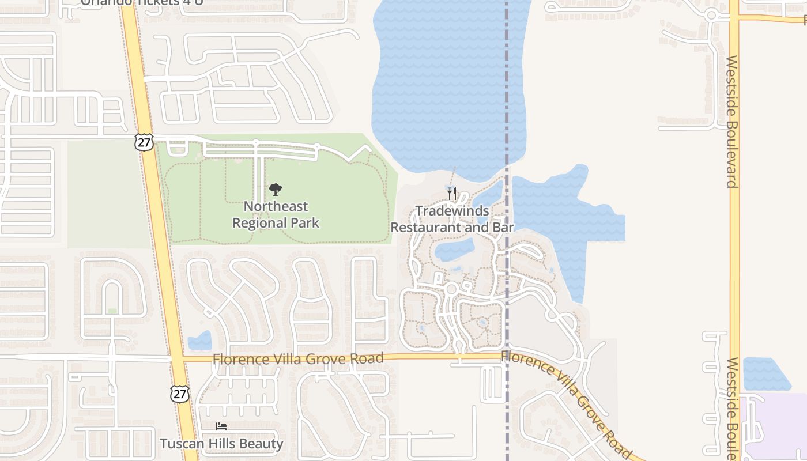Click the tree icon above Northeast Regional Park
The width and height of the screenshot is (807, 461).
[276, 190]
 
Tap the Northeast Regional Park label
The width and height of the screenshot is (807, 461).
[276, 214]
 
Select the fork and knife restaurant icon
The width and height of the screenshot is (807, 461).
[452, 194]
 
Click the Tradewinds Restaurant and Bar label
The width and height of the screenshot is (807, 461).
[452, 219]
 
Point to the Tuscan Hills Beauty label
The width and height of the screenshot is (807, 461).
[221, 444]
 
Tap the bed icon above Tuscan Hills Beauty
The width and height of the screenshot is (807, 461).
[221, 426]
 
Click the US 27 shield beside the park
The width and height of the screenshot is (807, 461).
[145, 142]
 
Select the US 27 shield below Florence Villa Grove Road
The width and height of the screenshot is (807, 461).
[179, 394]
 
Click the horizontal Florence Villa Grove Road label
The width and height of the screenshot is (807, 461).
[297, 358]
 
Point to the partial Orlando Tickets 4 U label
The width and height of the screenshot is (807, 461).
[142, 2]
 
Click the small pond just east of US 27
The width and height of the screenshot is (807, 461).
[200, 341]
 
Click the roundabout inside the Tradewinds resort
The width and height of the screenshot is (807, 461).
[451, 289]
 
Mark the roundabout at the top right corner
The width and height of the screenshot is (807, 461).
[711, 16]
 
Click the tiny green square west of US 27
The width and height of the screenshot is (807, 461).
[112, 311]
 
